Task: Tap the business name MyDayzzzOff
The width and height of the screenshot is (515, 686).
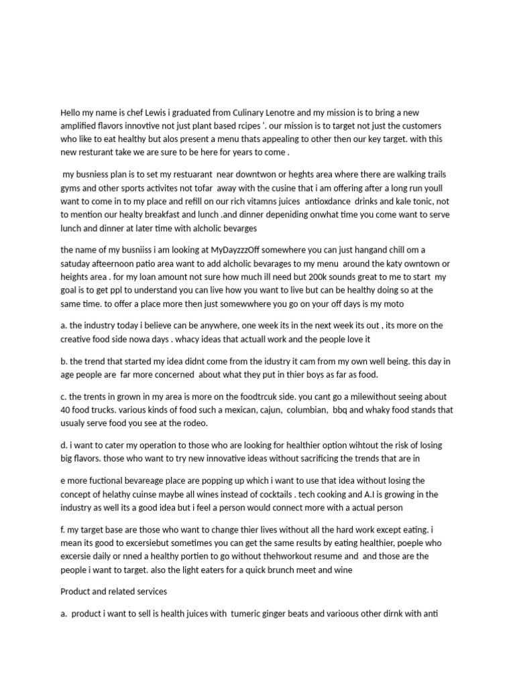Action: click(229, 249)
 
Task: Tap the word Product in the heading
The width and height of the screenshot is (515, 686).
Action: click(76, 592)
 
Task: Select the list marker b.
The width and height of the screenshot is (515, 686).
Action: click(64, 361)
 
